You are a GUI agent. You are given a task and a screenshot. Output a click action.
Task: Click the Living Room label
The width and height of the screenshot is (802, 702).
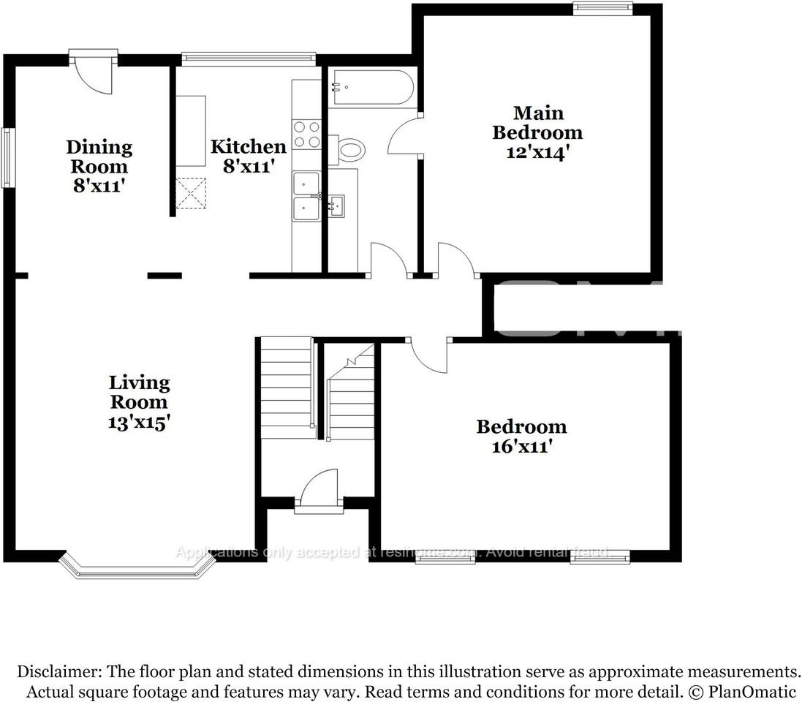click(139, 392)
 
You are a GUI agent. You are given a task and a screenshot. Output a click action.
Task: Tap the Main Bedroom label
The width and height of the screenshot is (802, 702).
click(537, 123)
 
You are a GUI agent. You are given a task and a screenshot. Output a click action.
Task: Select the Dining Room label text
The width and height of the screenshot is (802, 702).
click(99, 156)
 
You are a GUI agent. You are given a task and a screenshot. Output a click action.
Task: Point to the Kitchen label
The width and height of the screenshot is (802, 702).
click(248, 146)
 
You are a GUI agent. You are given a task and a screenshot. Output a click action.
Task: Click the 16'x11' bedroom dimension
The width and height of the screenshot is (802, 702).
click(521, 446)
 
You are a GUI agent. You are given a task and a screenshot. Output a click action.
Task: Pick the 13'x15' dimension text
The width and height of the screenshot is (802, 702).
click(139, 422)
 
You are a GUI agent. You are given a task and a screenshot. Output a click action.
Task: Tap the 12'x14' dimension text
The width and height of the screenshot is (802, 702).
click(537, 153)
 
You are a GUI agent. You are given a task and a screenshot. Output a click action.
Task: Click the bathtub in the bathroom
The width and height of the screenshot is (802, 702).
click(371, 88)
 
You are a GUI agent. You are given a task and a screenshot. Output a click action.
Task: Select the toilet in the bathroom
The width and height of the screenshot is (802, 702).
click(349, 151)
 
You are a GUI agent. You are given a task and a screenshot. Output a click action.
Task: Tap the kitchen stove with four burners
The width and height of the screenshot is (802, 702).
click(307, 135)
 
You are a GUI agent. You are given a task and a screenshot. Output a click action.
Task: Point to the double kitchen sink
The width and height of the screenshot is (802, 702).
click(306, 196)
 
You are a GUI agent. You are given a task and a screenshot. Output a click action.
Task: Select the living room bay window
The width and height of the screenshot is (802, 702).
click(137, 567)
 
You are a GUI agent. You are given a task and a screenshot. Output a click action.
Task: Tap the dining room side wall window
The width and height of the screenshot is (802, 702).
click(8, 157)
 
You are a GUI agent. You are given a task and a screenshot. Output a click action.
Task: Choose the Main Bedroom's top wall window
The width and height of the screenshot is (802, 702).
click(602, 8)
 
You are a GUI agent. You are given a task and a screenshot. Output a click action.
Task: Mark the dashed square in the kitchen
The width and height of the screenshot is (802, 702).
click(192, 193)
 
